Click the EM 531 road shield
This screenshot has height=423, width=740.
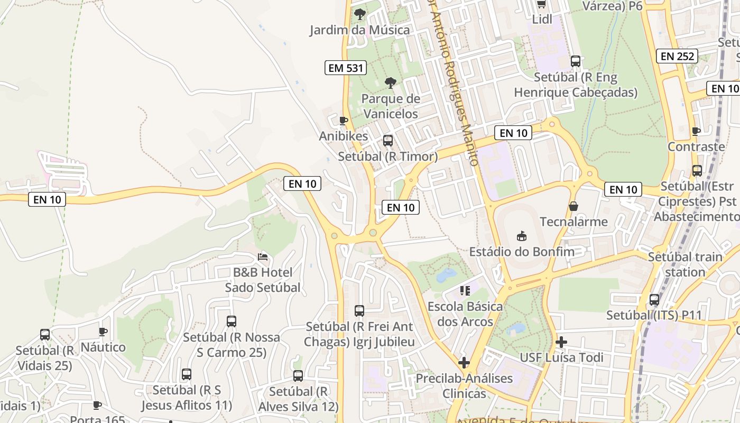346,68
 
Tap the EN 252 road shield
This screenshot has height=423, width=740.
677,56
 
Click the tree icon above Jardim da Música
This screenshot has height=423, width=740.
360,14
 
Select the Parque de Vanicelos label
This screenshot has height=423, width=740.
391,106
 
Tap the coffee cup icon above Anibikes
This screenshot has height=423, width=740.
344,121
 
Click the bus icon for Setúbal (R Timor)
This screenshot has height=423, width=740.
388,141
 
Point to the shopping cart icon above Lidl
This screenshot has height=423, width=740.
541,5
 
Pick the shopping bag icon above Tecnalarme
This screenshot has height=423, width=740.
573,206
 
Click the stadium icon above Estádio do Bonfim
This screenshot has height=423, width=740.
522,236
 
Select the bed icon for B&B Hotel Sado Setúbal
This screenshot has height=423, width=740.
263,257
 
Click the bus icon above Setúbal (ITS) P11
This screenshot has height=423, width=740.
654,300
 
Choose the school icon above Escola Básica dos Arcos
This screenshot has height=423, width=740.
465,290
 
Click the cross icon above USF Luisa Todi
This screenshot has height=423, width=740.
561,342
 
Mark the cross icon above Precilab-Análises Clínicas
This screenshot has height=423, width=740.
464,363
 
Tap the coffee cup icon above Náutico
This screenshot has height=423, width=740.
103,332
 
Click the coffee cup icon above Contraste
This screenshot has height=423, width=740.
696,131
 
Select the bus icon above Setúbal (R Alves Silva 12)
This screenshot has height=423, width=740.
298,376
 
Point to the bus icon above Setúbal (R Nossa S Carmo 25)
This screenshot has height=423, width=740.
232,321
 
